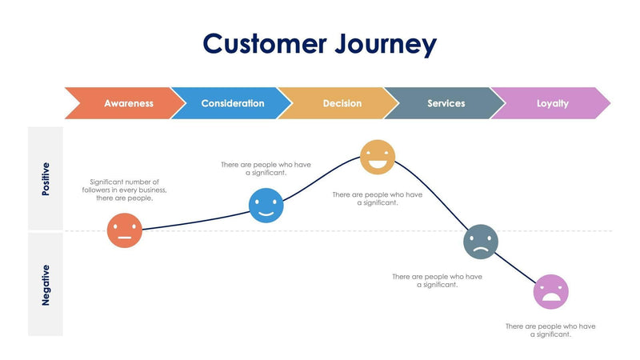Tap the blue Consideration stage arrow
(x=232, y=103)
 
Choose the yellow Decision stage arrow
(x=342, y=103)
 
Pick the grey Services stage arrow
(x=446, y=103)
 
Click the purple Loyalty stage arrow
(x=552, y=103)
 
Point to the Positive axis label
(x=46, y=179)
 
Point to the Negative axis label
(x=46, y=284)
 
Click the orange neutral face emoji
(x=124, y=230)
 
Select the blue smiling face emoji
(x=266, y=206)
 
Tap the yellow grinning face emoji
(x=377, y=157)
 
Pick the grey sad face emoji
(x=480, y=242)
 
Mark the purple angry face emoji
(x=550, y=291)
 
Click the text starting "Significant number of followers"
(x=124, y=190)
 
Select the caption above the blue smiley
(x=266, y=168)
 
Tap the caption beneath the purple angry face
(x=550, y=330)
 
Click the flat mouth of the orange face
(x=124, y=238)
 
